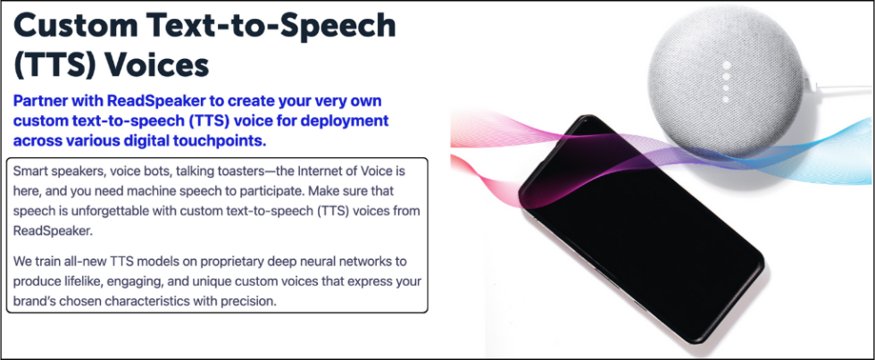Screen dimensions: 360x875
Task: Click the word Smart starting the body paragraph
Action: click(32, 170)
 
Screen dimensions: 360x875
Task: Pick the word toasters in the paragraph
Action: click(219, 170)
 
